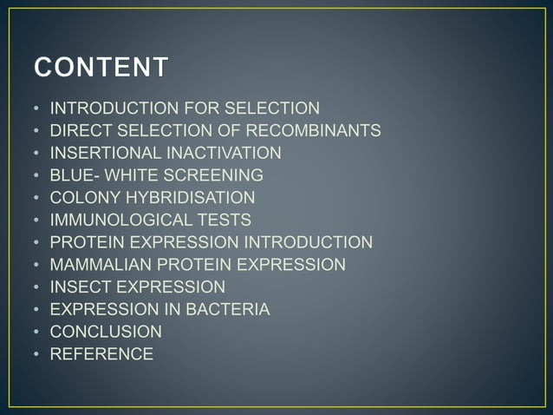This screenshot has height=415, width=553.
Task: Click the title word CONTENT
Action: coord(101,68)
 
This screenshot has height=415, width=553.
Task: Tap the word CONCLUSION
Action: coord(106,332)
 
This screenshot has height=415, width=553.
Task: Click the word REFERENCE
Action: coord(101,353)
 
